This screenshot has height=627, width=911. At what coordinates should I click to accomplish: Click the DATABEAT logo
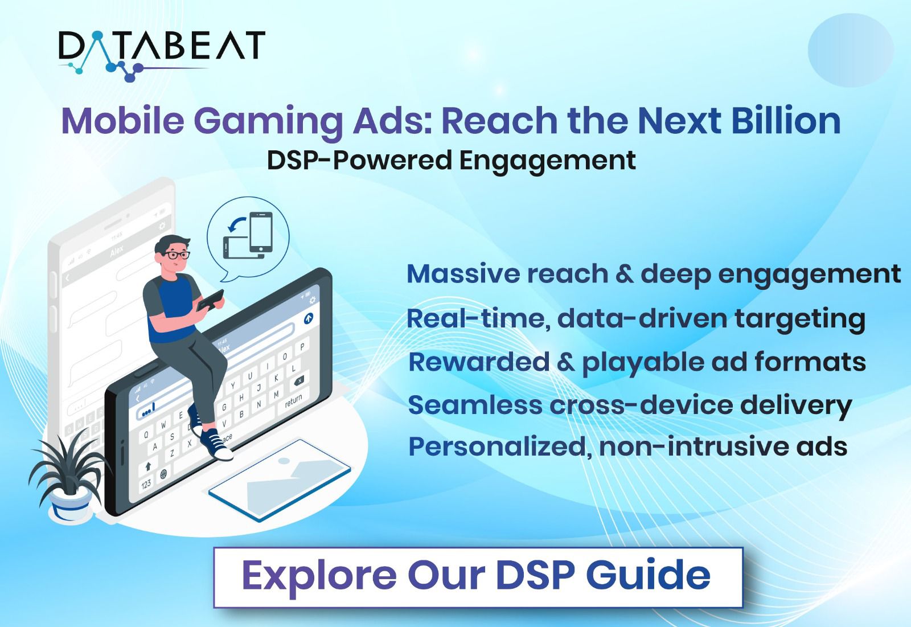(162, 55)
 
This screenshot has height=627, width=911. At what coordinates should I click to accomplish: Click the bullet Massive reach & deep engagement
(654, 274)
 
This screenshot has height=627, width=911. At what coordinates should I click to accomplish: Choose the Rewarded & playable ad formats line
(637, 363)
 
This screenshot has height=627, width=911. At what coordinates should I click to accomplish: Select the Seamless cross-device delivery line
(630, 405)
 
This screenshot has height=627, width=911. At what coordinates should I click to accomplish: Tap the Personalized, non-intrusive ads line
(628, 446)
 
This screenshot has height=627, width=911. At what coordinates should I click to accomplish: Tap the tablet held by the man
(210, 300)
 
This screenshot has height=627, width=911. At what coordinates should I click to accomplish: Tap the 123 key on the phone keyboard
(146, 484)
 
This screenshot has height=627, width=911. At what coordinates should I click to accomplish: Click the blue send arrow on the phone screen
(309, 318)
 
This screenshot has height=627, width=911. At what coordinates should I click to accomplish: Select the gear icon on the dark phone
(313, 300)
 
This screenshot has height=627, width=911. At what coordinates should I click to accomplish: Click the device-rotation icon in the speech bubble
(248, 236)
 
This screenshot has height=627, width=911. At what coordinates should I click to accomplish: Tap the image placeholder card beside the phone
(280, 480)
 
